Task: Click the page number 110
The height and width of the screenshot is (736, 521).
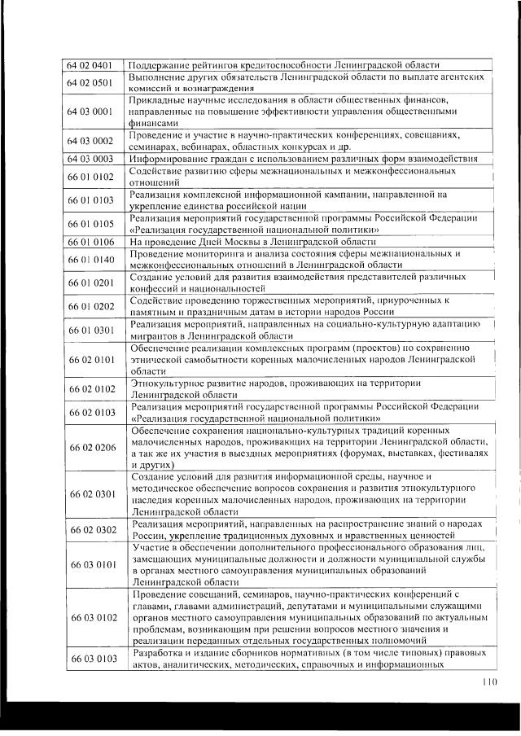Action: click(488, 682)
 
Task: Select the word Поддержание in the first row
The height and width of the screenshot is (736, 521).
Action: click(163, 64)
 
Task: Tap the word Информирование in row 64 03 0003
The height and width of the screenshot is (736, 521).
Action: click(170, 158)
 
